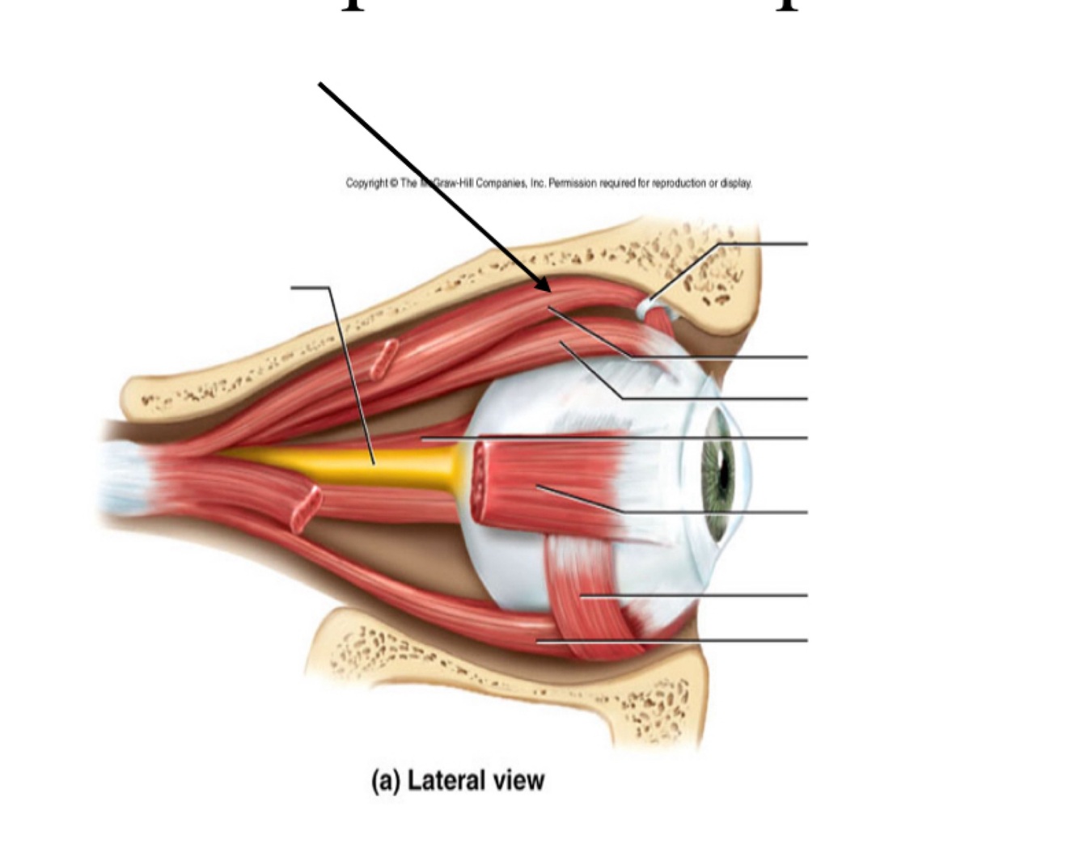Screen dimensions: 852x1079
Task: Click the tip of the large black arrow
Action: [x=549, y=290]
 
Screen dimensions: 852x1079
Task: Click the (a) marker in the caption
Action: [x=385, y=781]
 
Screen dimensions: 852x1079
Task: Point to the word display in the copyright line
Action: [x=736, y=183]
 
